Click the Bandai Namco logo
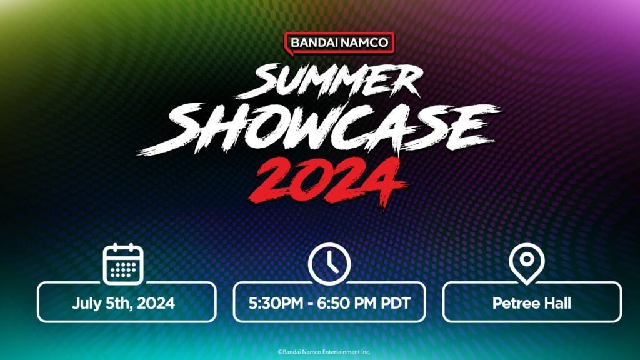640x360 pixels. tap(340, 42)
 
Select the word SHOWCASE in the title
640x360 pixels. tap(320, 126)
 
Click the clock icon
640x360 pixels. tap(328, 262)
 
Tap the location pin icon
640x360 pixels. tap(526, 263)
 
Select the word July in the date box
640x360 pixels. tap(85, 304)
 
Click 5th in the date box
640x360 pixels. tap(116, 304)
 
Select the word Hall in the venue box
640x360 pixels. tap(557, 304)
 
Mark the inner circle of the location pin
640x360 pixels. tap(526, 259)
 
